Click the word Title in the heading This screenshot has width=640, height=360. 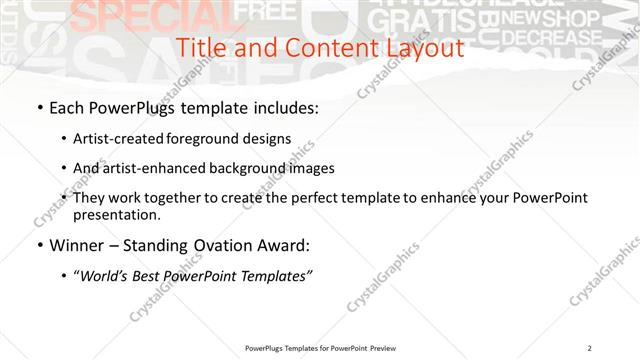pyautogui.click(x=200, y=48)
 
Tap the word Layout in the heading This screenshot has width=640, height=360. pyautogui.click(x=423, y=48)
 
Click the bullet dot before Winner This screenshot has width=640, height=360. pyautogui.click(x=38, y=246)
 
